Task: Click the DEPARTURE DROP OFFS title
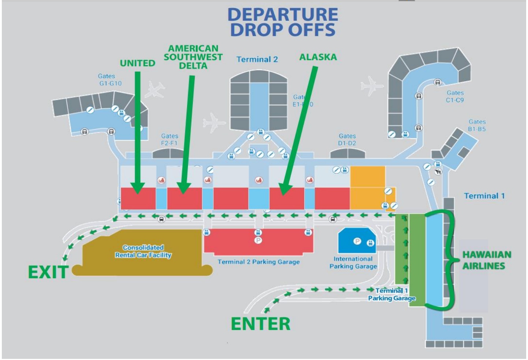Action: tap(282, 22)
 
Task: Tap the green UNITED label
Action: tap(138, 63)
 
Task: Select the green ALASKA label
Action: tap(318, 57)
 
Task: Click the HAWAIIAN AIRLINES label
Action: tap(486, 260)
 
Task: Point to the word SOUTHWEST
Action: tap(193, 57)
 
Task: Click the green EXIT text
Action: tap(48, 272)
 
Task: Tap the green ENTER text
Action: tap(261, 324)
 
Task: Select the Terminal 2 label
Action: tap(257, 59)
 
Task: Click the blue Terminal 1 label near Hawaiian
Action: tap(484, 196)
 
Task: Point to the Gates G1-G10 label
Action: tap(110, 80)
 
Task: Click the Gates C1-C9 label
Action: tap(455, 96)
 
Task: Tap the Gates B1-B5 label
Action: tap(477, 125)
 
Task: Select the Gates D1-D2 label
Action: tap(347, 140)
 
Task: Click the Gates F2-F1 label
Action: tap(169, 140)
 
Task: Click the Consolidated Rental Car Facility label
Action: tap(143, 251)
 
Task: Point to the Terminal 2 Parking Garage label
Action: tap(258, 262)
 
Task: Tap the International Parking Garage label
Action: tap(353, 263)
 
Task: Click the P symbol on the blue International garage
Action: tap(357, 241)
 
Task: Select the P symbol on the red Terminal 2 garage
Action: tap(258, 240)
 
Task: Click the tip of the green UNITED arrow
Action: tap(138, 192)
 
